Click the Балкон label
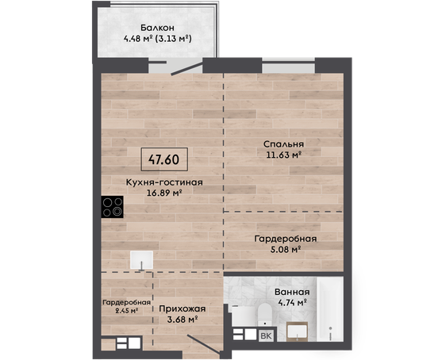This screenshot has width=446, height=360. point(157,28)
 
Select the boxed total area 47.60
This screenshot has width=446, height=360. point(164,159)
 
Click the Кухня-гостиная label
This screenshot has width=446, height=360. point(164,182)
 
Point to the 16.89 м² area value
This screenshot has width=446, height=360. point(164,193)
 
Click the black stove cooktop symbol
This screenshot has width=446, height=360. point(113,207)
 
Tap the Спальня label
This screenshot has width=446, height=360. point(283,144)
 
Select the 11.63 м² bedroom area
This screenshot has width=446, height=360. point(283,155)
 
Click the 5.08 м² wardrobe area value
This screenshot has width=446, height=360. point(285,250)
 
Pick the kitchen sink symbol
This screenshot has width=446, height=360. point(141,260)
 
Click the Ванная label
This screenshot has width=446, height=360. point(292,292)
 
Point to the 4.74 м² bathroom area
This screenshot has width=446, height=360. point(292,303)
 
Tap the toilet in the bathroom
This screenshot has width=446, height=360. point(264,315)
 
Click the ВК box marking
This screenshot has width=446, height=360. point(266,336)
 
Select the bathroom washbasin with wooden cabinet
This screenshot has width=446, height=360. point(297,331)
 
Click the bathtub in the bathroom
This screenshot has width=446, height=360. point(330,309)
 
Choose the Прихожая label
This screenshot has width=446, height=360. point(183,309)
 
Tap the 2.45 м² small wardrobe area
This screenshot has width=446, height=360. point(126,311)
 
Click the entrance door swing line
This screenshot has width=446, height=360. point(204,345)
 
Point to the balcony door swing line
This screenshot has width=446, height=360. point(187,68)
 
